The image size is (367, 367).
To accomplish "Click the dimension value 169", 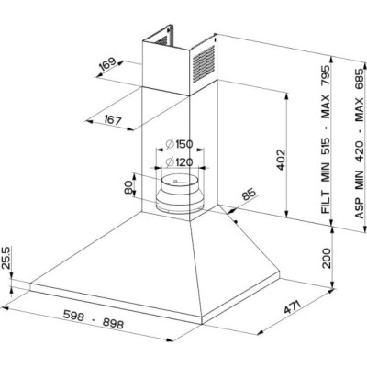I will [107, 67].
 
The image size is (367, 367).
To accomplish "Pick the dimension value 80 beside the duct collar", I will [128, 188].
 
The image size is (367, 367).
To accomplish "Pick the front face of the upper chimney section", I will [164, 70].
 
